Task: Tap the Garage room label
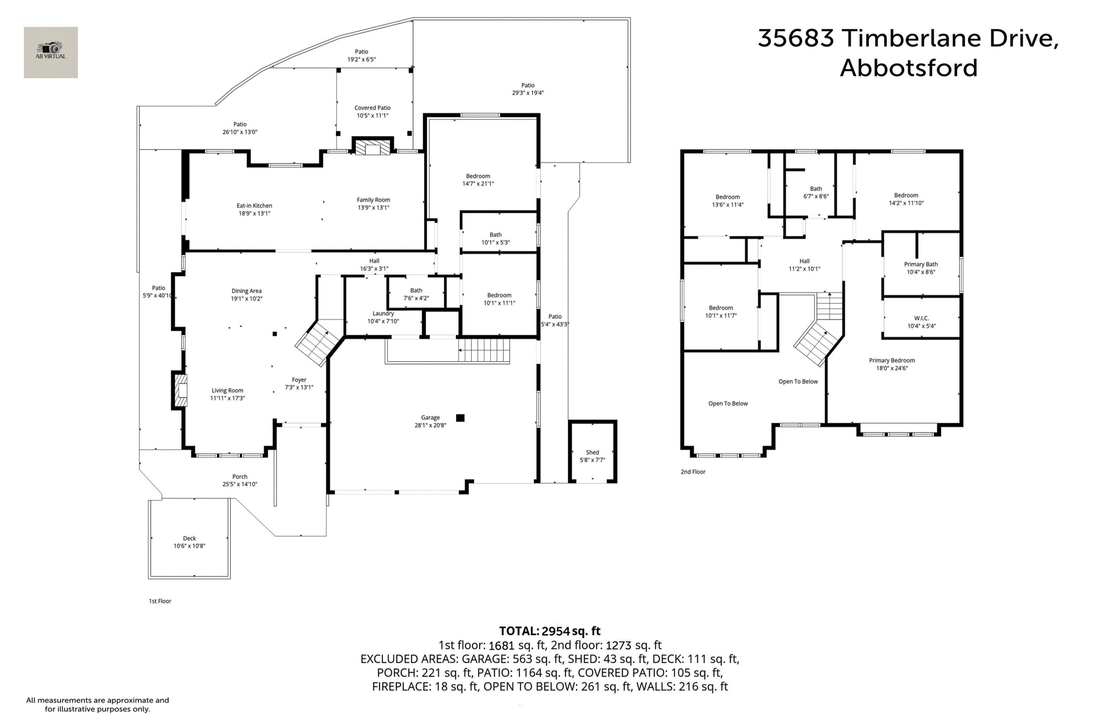click(430, 417)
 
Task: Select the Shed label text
click(592, 452)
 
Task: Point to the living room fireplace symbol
click(181, 390)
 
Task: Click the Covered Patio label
click(373, 108)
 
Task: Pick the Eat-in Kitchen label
click(254, 205)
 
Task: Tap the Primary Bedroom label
click(892, 361)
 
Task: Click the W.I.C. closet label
click(921, 318)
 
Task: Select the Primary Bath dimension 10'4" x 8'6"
click(921, 272)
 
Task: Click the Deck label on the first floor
click(189, 539)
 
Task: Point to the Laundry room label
click(383, 313)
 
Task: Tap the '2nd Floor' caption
click(693, 472)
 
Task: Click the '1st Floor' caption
click(160, 601)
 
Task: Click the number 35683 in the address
click(796, 38)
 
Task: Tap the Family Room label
click(374, 200)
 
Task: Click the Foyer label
click(299, 380)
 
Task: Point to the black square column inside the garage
click(460, 418)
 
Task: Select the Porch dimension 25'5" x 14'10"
click(240, 484)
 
